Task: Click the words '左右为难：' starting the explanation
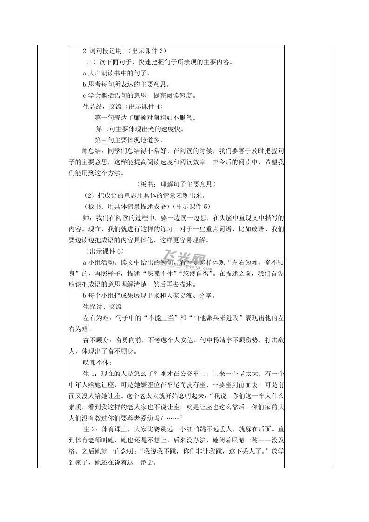96,318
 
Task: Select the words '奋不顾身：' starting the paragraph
96,341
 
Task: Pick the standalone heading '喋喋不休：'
96,363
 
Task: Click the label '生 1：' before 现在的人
90,375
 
